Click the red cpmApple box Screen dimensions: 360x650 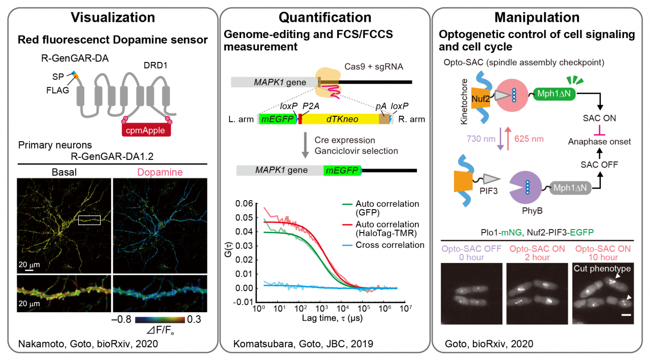(x=146, y=130)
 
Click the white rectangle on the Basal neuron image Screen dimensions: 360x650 (x=89, y=219)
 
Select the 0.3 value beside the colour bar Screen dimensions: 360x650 (x=194, y=320)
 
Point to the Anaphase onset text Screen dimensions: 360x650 (x=600, y=142)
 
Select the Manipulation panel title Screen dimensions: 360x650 (x=537, y=18)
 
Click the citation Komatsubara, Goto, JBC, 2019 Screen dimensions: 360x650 (x=303, y=344)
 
